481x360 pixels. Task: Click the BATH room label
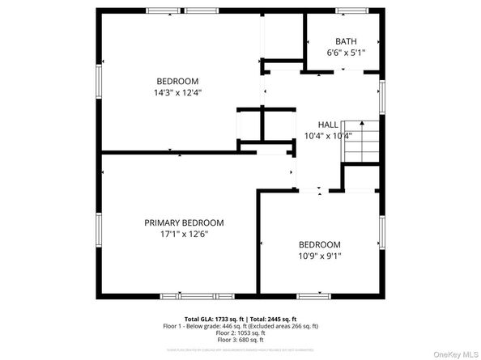point(346,42)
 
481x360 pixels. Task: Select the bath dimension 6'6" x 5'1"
point(346,53)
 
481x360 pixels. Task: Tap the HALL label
point(328,124)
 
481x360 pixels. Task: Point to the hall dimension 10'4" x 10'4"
point(328,135)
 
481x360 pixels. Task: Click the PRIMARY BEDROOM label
point(184,222)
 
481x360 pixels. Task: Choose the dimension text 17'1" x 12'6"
point(184,234)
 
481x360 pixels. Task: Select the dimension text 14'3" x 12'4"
point(177,92)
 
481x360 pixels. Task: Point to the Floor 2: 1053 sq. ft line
point(240,333)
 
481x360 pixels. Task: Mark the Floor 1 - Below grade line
point(240,326)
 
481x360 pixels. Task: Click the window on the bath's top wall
point(351,11)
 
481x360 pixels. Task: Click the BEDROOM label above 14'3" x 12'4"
point(177,81)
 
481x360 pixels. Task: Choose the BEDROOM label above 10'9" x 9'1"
point(320,244)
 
